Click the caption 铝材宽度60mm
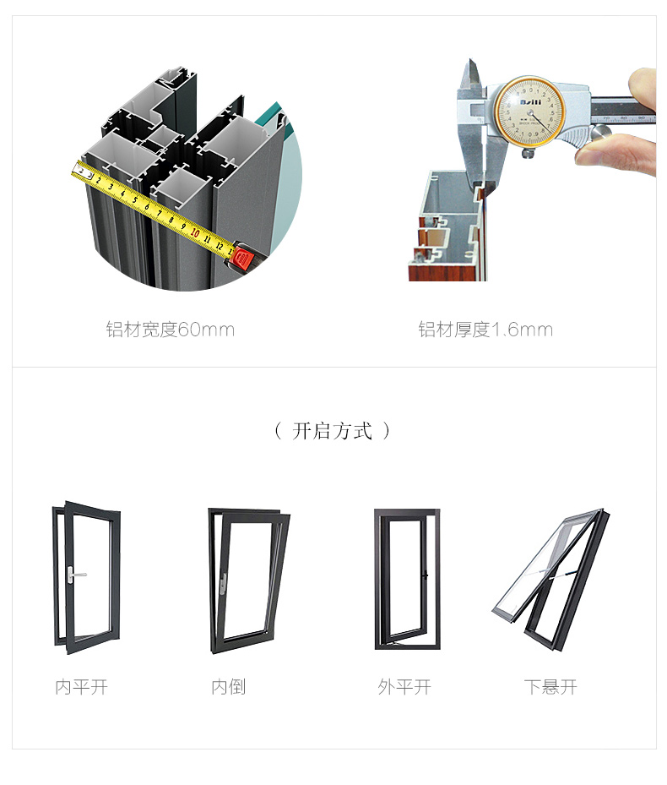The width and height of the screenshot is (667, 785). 171,330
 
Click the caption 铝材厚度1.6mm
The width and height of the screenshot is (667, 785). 485,330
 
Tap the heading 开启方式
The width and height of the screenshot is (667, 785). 333,431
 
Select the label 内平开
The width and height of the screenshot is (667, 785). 82,687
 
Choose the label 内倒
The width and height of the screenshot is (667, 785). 229,687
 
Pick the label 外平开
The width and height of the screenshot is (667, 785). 404,687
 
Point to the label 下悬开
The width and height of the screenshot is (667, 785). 550,687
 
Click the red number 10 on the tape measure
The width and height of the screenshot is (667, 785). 195,233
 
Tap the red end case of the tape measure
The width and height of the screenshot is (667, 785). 246,258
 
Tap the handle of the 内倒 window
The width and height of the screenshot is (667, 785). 223,584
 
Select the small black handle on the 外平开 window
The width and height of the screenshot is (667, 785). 425,575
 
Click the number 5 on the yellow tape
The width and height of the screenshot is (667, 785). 134,199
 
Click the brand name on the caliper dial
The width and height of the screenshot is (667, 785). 530,102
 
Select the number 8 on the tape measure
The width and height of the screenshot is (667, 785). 171,220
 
